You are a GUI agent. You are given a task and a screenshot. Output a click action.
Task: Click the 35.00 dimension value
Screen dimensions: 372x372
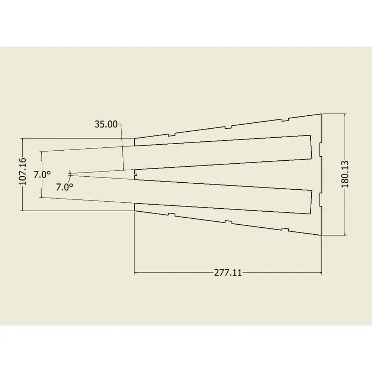pyautogui.click(x=106, y=124)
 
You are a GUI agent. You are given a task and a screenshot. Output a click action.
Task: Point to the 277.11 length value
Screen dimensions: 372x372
pyautogui.click(x=228, y=273)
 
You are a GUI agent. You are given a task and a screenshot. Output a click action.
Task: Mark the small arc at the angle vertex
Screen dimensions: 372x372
pyautogui.click(x=69, y=174)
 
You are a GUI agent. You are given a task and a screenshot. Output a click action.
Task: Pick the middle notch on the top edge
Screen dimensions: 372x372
pyautogui.click(x=228, y=127)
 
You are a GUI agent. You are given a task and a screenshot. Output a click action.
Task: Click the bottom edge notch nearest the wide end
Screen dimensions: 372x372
pyautogui.click(x=285, y=229)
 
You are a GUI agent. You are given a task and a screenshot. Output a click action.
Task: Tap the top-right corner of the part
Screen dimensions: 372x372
pyautogui.click(x=321, y=114)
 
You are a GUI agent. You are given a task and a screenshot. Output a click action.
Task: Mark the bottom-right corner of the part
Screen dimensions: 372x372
pyautogui.click(x=321, y=235)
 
